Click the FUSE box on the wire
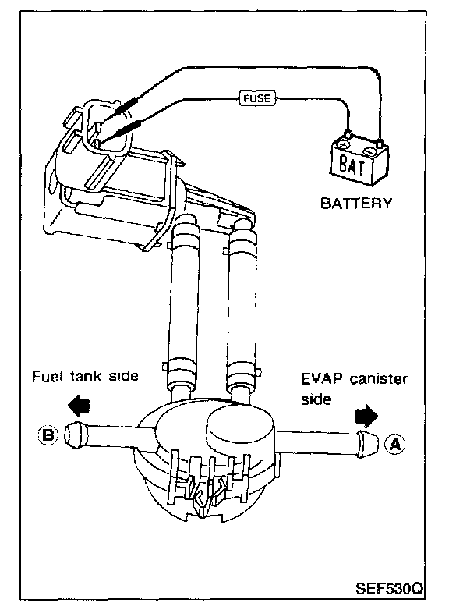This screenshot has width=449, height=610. (256, 98)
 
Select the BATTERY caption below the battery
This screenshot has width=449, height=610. (356, 203)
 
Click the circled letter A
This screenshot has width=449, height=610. (395, 444)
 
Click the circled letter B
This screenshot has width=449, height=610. (48, 434)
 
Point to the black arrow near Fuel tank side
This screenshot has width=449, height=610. (80, 406)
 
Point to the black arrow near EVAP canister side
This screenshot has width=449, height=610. (366, 415)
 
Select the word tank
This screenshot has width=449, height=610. (86, 376)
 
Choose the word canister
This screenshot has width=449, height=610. (378, 378)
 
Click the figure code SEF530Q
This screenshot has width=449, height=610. (389, 589)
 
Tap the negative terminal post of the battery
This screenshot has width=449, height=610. (380, 142)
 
